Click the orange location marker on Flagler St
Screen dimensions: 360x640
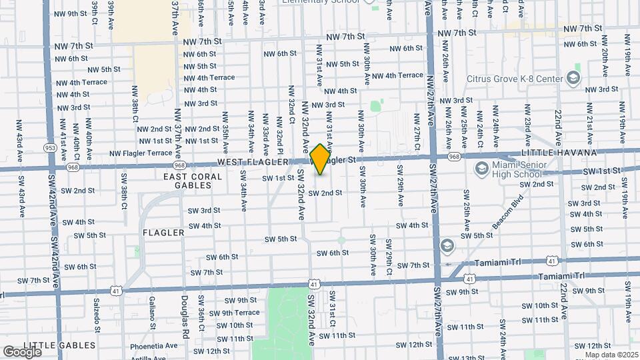click(x=321, y=159)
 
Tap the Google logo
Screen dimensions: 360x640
click(x=22, y=351)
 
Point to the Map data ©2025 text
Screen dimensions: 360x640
click(x=612, y=355)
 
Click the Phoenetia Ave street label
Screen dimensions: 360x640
click(x=154, y=346)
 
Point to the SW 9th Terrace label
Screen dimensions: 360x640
click(x=234, y=313)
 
